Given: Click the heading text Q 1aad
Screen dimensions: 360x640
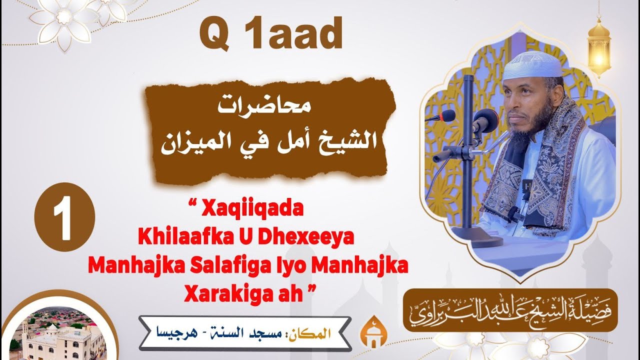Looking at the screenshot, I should (270, 34).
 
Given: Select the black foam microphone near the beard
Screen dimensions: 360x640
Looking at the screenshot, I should (484, 119).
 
